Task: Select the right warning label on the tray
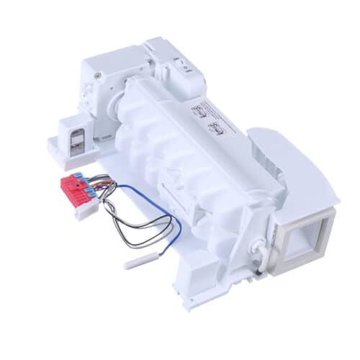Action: coord(214,132)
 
